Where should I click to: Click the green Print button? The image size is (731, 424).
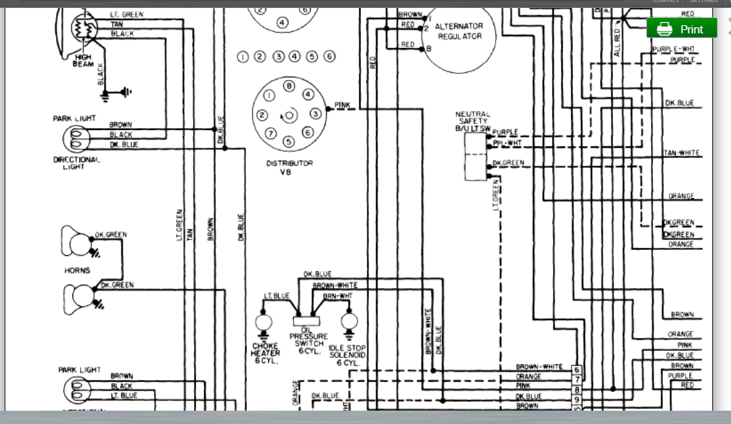pyautogui.click(x=682, y=29)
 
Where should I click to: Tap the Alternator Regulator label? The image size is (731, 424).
pyautogui.click(x=459, y=31)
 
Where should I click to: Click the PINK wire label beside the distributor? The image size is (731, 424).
pyautogui.click(x=342, y=105)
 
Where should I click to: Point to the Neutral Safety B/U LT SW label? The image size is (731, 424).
pyautogui.click(x=472, y=121)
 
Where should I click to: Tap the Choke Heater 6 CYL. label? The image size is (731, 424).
pyautogui.click(x=265, y=353)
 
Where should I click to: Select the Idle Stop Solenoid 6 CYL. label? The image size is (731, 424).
pyautogui.click(x=347, y=355)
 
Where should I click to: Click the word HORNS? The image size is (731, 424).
pyautogui.click(x=77, y=271)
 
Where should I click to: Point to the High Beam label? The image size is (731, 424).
pyautogui.click(x=83, y=61)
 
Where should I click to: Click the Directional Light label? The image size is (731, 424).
pyautogui.click(x=77, y=163)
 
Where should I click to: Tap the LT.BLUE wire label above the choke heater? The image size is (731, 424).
pyautogui.click(x=276, y=295)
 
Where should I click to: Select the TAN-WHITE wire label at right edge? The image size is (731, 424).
pyautogui.click(x=681, y=153)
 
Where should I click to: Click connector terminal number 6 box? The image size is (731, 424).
pyautogui.click(x=577, y=370)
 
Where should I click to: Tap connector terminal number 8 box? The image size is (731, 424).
pyautogui.click(x=577, y=389)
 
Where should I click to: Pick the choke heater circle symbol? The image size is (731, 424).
pyautogui.click(x=263, y=323)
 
